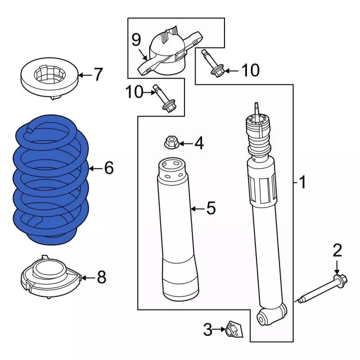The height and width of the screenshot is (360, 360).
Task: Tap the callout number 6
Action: (x=109, y=168)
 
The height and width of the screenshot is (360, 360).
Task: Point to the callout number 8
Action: (x=101, y=277)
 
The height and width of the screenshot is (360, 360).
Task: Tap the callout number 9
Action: (x=136, y=40)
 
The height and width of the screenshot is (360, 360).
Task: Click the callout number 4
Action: (x=198, y=143)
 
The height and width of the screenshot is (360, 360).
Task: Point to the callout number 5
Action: (x=210, y=209)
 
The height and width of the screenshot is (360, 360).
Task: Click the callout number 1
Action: (x=302, y=182)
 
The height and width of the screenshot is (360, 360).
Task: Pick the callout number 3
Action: (x=208, y=330)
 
